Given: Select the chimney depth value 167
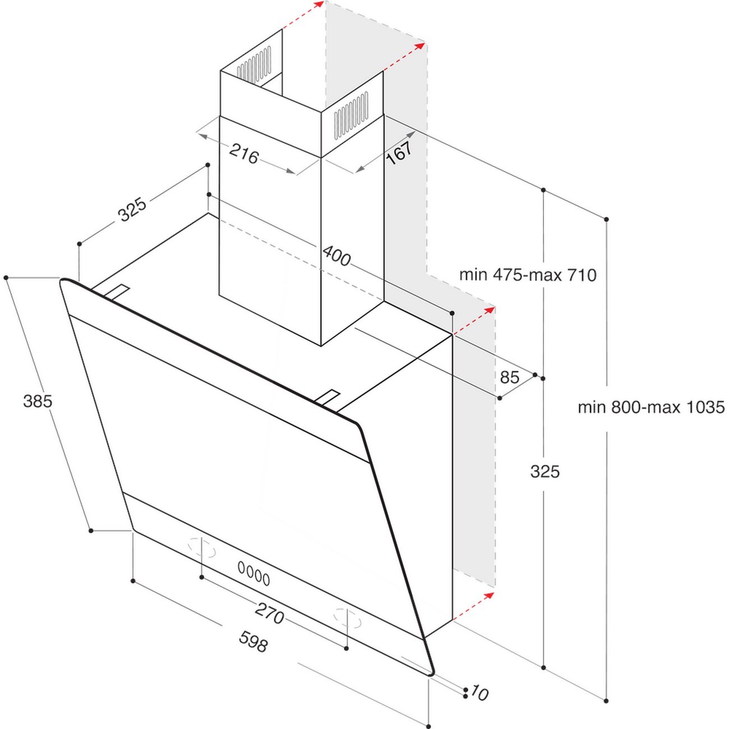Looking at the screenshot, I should [399, 152].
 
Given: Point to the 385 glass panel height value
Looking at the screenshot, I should [38, 401].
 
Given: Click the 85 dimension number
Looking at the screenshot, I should [509, 377].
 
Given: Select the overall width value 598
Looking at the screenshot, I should [253, 641].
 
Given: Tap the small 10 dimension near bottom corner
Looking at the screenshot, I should [479, 693].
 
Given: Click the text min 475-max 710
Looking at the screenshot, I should [528, 275].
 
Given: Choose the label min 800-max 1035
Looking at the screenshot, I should [651, 407].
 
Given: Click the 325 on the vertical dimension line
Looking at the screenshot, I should [545, 472].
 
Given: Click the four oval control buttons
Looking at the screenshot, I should [253, 573].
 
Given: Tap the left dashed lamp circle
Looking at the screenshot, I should [202, 547].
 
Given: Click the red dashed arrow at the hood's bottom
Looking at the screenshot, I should [474, 605].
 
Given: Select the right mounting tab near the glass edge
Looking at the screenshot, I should [327, 399].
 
